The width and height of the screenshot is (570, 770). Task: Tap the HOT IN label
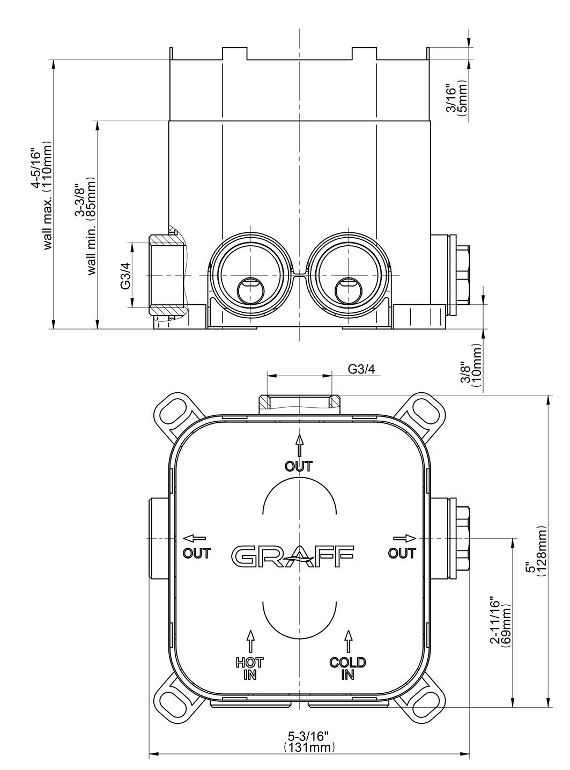tap(250, 668)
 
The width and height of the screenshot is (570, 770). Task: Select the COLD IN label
tap(347, 668)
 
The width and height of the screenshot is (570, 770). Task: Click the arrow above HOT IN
tap(250, 641)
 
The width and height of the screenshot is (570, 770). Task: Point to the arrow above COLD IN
tap(349, 641)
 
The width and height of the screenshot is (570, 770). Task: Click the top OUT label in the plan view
tap(299, 466)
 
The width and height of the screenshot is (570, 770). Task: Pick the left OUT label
tap(197, 553)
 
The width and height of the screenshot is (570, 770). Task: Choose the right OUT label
tap(402, 553)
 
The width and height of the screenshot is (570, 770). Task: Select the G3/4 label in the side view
tap(125, 276)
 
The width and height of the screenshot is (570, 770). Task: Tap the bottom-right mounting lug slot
tap(426, 701)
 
